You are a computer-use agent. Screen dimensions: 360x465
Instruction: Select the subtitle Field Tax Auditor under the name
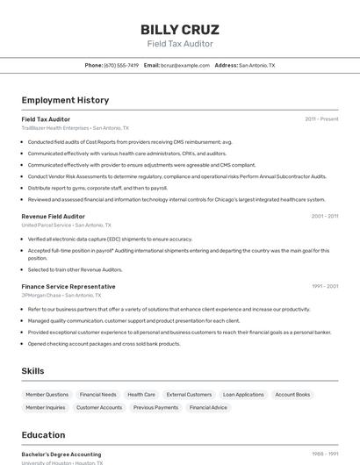[x=180, y=43]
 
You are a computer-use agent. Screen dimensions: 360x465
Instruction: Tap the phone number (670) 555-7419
[x=121, y=65]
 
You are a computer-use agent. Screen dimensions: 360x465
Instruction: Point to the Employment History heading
[x=65, y=100]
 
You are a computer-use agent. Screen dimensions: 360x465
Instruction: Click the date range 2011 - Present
[x=321, y=118]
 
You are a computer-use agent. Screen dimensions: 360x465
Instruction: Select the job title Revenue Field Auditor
[x=53, y=216]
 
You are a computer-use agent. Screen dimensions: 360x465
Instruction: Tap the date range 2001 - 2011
[x=324, y=216]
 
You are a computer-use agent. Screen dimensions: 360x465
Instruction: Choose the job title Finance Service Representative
[x=68, y=286]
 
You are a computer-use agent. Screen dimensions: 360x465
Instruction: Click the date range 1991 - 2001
[x=324, y=286]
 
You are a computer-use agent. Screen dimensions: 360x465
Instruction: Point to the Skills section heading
[x=33, y=371]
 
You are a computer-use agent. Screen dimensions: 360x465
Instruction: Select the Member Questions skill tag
[x=47, y=395]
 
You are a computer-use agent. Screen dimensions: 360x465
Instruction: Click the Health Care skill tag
[x=141, y=395]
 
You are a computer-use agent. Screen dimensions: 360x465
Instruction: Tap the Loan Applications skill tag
[x=243, y=395]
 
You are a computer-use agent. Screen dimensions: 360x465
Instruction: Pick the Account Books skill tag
[x=292, y=395]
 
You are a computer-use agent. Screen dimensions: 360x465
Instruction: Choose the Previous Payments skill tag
[x=155, y=407]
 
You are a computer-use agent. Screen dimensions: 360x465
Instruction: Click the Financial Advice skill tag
[x=208, y=407]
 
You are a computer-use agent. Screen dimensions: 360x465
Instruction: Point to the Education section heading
[x=43, y=435]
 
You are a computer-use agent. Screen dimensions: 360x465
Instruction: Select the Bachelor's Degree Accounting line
[x=61, y=454]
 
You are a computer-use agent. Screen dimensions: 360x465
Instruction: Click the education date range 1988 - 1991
[x=324, y=454]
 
